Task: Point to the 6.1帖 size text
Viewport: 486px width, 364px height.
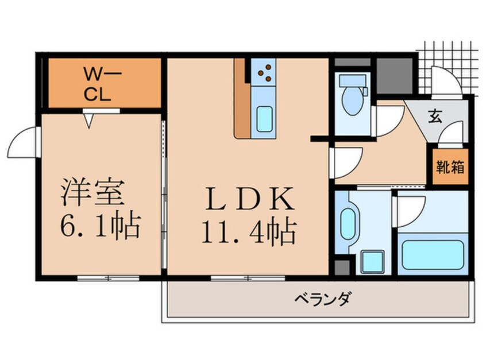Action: pos(99,227)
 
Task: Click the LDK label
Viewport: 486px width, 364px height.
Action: pos(248,199)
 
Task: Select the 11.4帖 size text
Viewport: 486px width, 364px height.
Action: pos(248,233)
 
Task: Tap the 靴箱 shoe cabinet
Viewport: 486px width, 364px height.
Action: pos(450,168)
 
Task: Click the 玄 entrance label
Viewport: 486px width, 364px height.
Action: pos(435,115)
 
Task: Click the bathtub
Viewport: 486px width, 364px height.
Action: pos(433,253)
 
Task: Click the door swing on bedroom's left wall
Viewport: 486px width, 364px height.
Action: pos(24,142)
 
